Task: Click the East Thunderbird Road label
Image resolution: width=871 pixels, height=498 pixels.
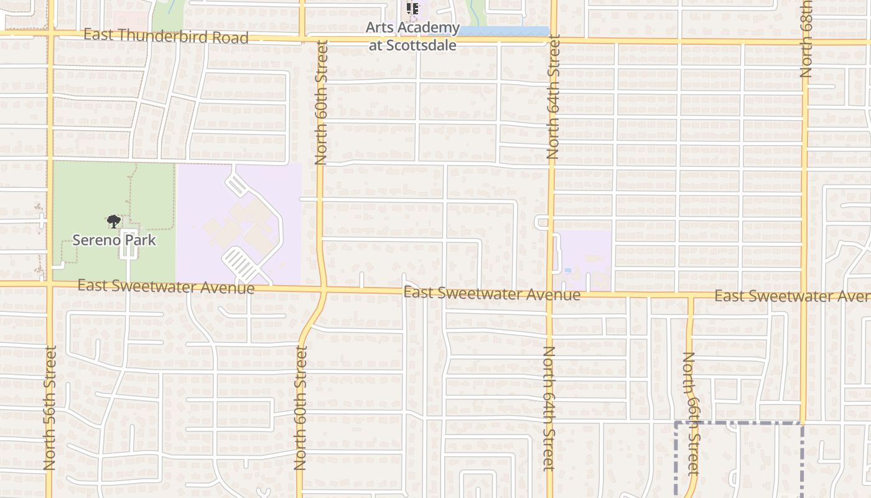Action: (x=166, y=36)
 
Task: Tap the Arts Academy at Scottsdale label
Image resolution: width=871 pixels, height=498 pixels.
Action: (x=412, y=36)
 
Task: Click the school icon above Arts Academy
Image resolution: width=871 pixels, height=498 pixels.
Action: (x=412, y=9)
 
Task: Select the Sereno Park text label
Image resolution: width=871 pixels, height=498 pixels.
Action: (x=114, y=240)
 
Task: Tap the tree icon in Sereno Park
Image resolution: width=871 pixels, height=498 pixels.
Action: (x=113, y=221)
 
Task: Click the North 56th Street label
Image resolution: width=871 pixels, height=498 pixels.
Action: (x=50, y=408)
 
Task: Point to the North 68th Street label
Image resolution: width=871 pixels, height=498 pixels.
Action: (x=806, y=39)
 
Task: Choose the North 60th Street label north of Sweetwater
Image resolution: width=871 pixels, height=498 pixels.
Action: (x=321, y=103)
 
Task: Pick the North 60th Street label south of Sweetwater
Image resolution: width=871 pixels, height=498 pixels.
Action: (x=300, y=408)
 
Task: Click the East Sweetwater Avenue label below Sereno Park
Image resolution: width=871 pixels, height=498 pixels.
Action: (x=166, y=287)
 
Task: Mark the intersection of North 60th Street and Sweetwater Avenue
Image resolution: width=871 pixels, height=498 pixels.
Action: (x=324, y=289)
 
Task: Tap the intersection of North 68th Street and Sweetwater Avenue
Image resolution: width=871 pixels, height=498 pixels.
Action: (x=804, y=294)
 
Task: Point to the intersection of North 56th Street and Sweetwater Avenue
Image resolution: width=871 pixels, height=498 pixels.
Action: (x=49, y=284)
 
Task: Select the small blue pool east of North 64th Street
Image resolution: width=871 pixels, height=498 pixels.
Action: (x=567, y=270)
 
